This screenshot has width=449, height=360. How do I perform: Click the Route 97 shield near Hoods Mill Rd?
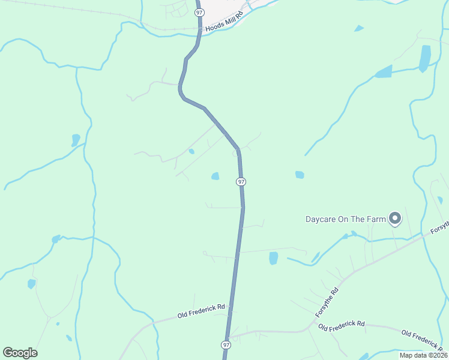click(200, 12)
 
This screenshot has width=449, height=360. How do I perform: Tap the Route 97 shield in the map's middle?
click(241, 181)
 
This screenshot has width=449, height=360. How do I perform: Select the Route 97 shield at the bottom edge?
click(226, 344)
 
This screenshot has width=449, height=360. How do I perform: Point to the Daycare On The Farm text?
click(345, 219)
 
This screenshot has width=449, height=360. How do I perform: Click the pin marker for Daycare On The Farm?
click(395, 218)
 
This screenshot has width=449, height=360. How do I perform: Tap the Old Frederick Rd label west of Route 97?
click(201, 311)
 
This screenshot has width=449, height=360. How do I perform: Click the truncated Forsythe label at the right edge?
click(439, 227)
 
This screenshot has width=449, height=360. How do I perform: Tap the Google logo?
click(20, 353)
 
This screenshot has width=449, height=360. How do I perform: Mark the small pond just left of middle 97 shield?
click(215, 176)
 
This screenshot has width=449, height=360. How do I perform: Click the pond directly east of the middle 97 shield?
click(300, 175)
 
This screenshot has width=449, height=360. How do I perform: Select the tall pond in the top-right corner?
click(425, 58)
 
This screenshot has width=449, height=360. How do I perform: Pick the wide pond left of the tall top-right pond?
click(383, 72)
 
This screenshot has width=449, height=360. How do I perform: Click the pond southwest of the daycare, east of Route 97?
click(274, 258)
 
